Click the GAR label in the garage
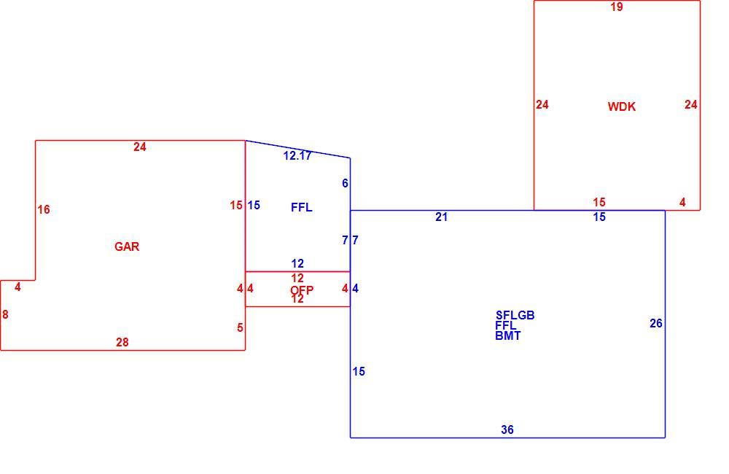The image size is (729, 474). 127,246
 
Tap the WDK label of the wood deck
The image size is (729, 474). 622,106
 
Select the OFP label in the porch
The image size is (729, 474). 302,290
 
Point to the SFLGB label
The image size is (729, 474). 515,315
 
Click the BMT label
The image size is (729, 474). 507,335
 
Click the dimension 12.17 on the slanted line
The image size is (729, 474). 297,156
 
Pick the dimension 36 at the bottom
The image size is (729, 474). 507,430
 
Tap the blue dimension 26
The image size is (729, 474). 656,323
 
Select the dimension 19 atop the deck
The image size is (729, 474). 617,7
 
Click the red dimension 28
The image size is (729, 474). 122,342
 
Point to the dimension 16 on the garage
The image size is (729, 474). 44,210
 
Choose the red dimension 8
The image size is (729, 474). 5,315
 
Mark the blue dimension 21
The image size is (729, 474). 441,217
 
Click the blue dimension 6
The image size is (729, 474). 345,183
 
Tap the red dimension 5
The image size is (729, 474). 240,328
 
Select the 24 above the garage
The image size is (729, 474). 140,147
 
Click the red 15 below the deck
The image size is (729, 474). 599,202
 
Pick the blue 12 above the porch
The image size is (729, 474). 297,264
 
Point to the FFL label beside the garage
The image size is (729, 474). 302,207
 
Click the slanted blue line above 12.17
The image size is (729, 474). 298,149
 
